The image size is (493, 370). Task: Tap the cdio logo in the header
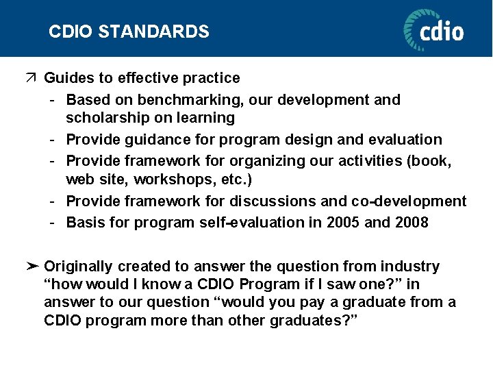coord(433,29)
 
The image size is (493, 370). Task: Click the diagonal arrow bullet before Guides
coord(31,78)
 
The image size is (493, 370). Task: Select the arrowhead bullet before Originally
coord(31,267)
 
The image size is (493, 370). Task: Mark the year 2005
coord(342,223)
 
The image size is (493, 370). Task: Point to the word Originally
coord(78,267)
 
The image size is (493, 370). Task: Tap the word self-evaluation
coord(242,223)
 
